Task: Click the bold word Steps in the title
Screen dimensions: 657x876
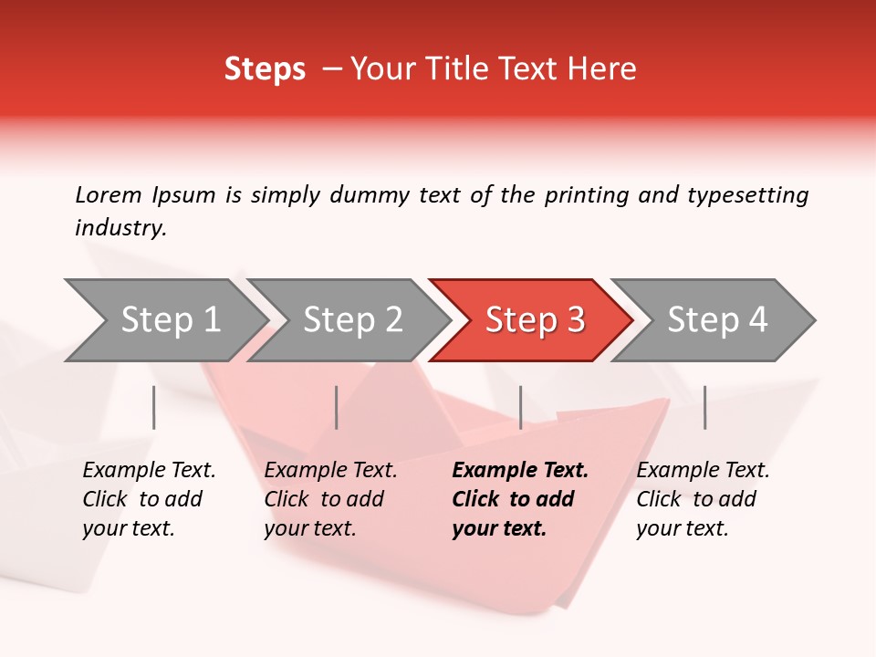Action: click(265, 69)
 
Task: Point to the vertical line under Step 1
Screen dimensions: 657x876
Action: click(154, 407)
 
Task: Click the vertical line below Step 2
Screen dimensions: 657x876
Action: click(337, 407)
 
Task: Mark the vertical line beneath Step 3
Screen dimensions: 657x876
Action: click(520, 407)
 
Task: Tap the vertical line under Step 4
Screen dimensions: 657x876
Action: click(704, 407)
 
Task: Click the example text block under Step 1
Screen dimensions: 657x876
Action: click(149, 499)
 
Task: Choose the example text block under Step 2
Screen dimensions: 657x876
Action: click(330, 499)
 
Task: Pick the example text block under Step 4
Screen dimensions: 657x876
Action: click(703, 499)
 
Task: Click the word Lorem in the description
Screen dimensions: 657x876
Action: click(109, 194)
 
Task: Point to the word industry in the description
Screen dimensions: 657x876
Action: click(120, 228)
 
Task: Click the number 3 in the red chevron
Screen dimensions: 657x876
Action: click(574, 320)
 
